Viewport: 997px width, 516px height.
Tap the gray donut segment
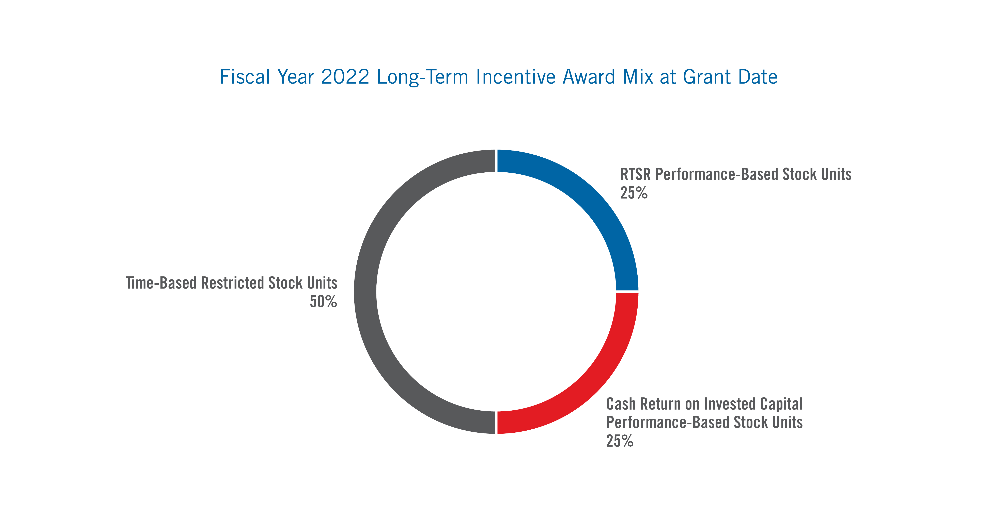point(366,292)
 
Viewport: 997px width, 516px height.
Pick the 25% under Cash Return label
point(619,441)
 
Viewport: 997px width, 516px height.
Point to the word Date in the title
point(758,77)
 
